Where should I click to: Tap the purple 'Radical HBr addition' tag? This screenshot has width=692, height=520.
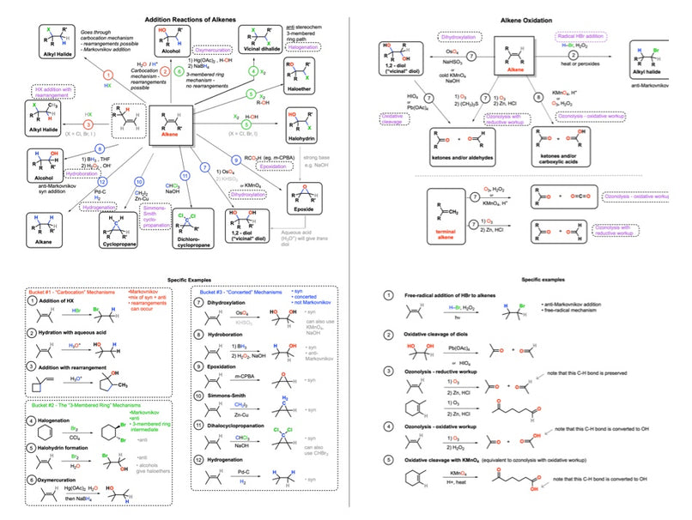click(585, 36)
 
